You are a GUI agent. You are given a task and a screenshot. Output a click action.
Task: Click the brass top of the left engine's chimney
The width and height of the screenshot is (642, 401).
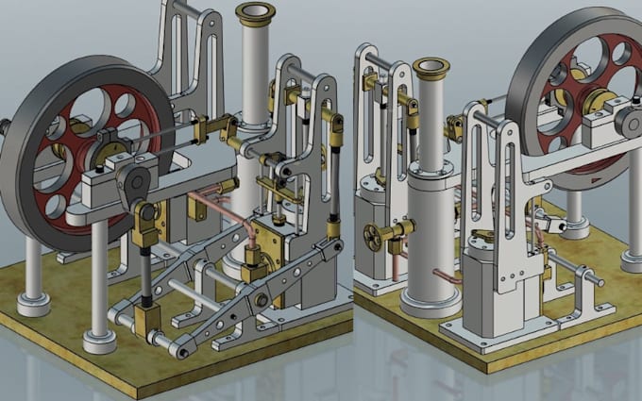pyautogui.click(x=255, y=12)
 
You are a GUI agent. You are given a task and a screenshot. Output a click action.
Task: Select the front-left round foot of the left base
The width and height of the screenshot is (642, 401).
pyautogui.click(x=34, y=305)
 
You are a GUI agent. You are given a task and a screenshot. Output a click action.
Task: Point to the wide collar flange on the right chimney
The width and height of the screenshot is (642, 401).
pyautogui.click(x=430, y=175)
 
